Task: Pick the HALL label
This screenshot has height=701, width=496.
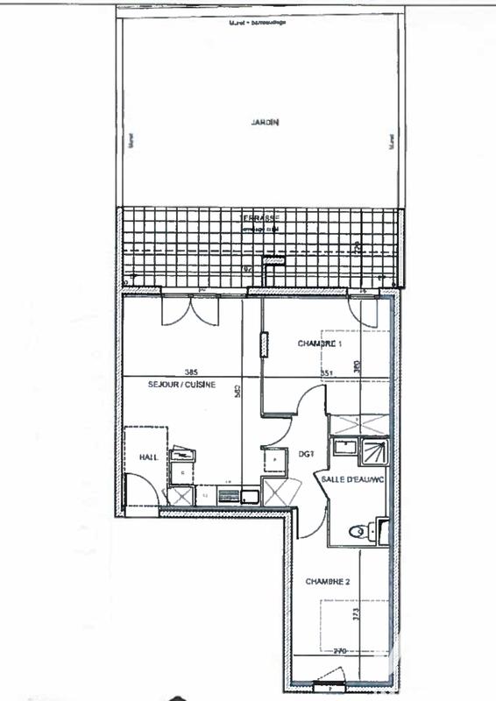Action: [x=148, y=457]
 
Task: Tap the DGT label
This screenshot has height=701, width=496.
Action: [x=306, y=454]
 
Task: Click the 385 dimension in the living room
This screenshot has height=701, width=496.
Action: [x=183, y=371]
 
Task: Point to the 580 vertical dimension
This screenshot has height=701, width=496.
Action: [x=235, y=393]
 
